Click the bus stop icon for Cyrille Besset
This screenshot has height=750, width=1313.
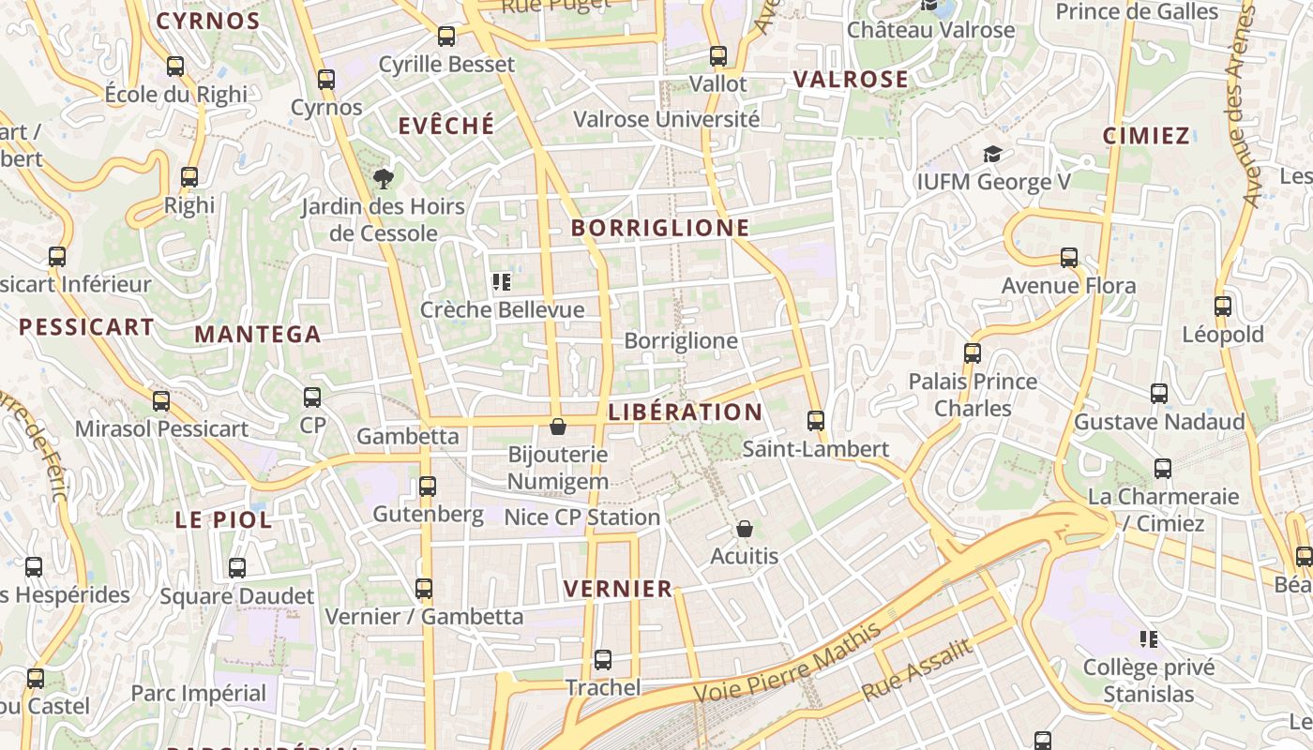pyautogui.click(x=446, y=37)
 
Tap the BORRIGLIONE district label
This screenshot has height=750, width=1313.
pyautogui.click(x=660, y=228)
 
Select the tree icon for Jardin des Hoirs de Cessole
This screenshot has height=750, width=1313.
pyautogui.click(x=383, y=178)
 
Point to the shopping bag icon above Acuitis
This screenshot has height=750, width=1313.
pyautogui.click(x=745, y=529)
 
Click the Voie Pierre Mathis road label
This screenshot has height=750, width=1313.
pyautogui.click(x=788, y=663)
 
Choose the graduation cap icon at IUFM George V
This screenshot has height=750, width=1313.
pyautogui.click(x=992, y=154)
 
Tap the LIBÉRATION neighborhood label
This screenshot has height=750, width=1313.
pyautogui.click(x=686, y=412)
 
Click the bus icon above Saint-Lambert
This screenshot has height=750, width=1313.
pyautogui.click(x=816, y=421)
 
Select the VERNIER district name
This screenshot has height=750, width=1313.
pyautogui.click(x=618, y=589)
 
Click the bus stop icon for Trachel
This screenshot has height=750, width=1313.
pyautogui.click(x=603, y=660)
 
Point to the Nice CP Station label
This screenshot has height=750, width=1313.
pyautogui.click(x=582, y=517)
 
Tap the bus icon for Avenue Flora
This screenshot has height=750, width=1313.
pyautogui.click(x=1069, y=258)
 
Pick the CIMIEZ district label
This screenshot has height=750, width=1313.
pyautogui.click(x=1146, y=136)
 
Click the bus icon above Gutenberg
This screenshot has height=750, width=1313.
pyautogui.click(x=428, y=487)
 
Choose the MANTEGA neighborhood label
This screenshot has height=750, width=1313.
pyautogui.click(x=258, y=334)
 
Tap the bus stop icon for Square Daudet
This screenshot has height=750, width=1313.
pyautogui.click(x=237, y=568)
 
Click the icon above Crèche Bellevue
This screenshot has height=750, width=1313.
pyautogui.click(x=502, y=281)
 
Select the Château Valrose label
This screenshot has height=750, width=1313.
pyautogui.click(x=930, y=30)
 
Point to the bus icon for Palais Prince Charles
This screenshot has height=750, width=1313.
pyautogui.click(x=973, y=353)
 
